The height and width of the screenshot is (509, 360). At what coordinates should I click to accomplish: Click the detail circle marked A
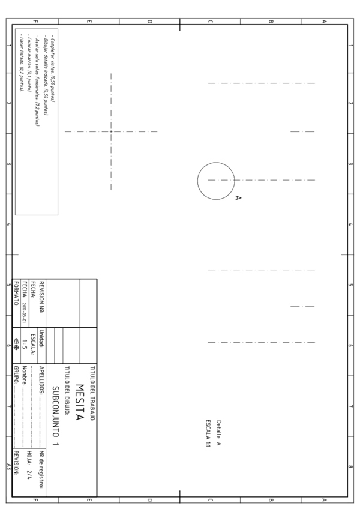[216, 181]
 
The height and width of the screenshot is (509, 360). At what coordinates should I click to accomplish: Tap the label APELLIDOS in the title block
[41, 379]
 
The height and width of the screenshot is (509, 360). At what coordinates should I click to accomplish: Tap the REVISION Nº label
[41, 297]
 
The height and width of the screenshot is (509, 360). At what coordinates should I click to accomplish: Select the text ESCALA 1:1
[208, 432]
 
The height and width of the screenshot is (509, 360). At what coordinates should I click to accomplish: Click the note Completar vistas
[53, 79]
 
